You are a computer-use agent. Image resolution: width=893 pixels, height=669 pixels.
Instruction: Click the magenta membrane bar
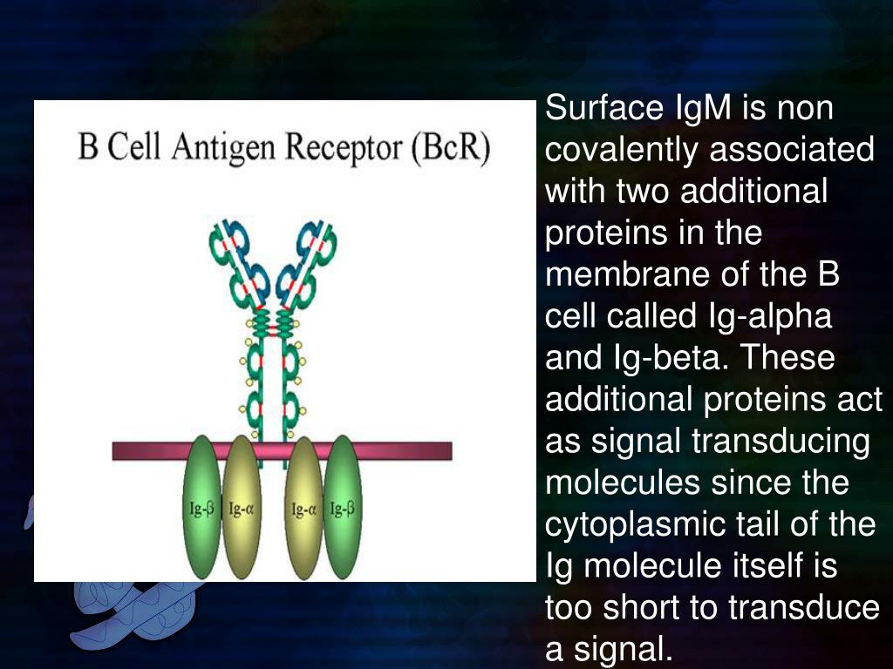pos(410,450)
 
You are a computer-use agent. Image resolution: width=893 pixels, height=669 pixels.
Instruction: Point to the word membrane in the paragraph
pos(621,274)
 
